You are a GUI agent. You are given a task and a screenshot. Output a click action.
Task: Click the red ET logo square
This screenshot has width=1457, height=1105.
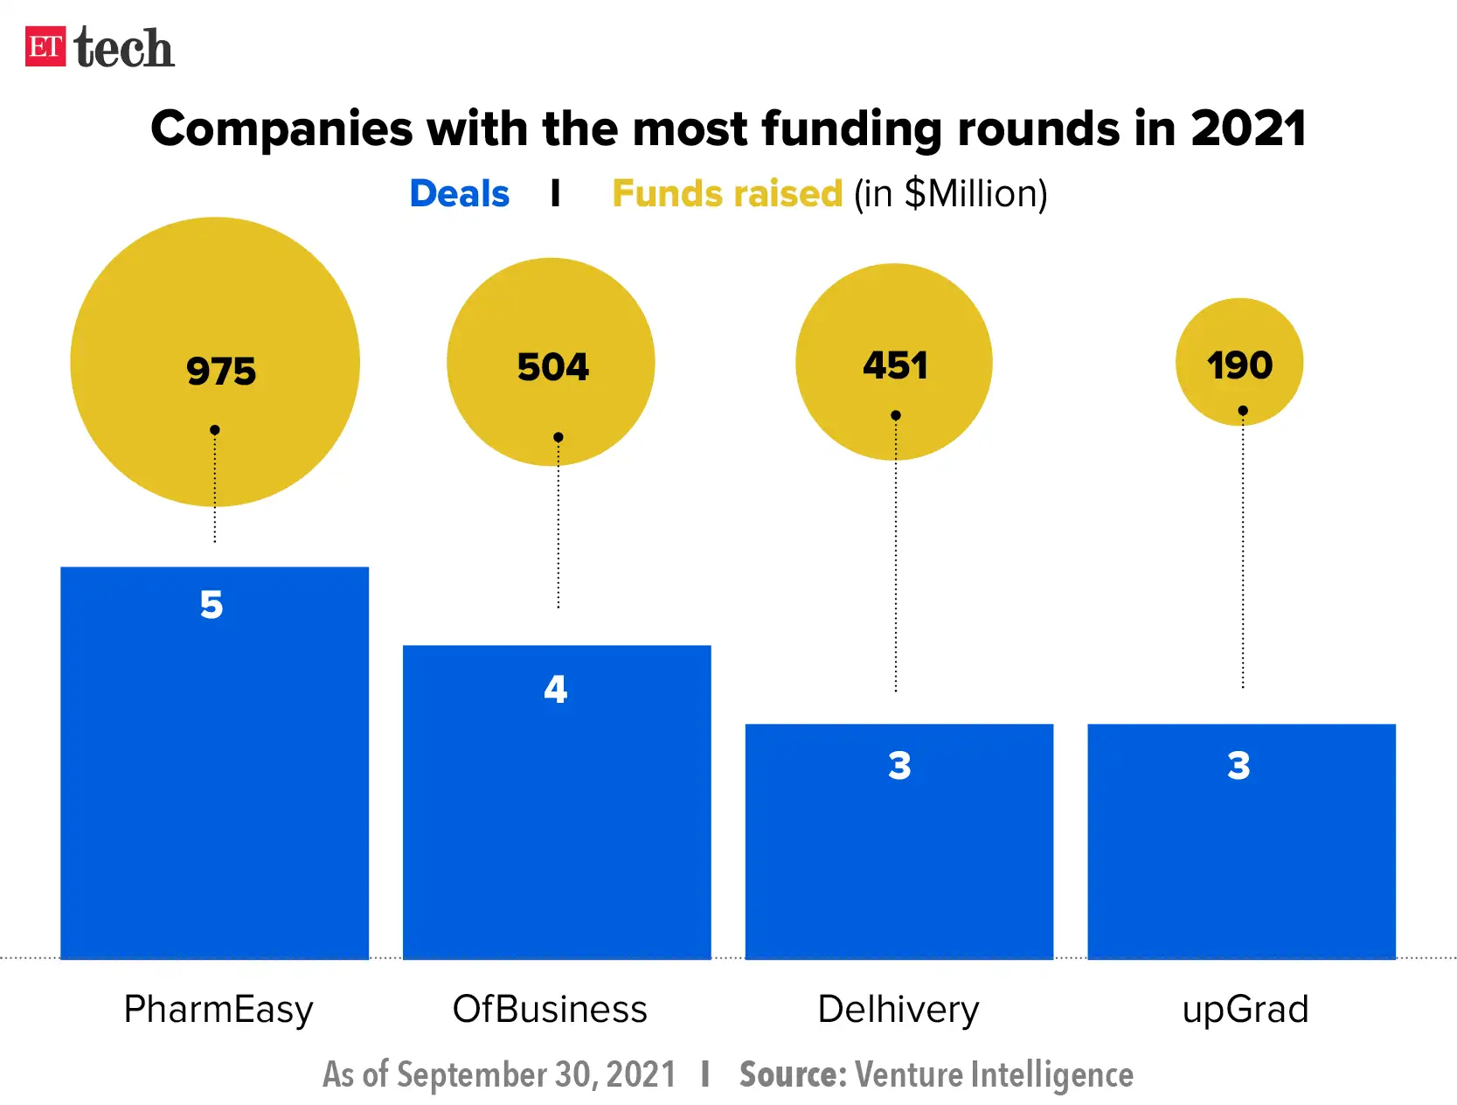pyautogui.click(x=45, y=46)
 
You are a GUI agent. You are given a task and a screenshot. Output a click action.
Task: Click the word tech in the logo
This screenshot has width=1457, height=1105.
pyautogui.click(x=124, y=48)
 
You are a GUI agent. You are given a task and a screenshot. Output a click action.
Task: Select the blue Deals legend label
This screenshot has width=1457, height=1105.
pyautogui.click(x=459, y=194)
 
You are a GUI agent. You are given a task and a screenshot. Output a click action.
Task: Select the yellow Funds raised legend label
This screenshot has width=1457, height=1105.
pyautogui.click(x=726, y=194)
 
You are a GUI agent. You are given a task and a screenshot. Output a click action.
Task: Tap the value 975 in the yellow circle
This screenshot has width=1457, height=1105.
pyautogui.click(x=221, y=372)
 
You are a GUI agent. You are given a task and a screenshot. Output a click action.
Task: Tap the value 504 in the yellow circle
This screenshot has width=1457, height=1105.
pyautogui.click(x=553, y=367)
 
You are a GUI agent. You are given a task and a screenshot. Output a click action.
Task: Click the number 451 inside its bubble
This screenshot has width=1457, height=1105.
pyautogui.click(x=895, y=365)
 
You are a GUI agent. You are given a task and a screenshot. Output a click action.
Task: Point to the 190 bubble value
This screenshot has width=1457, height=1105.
pyautogui.click(x=1239, y=365)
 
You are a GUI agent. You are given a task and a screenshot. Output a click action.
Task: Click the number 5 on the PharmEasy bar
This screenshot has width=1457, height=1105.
pyautogui.click(x=212, y=605)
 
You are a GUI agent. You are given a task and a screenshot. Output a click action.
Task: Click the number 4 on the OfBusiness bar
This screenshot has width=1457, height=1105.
pyautogui.click(x=555, y=690)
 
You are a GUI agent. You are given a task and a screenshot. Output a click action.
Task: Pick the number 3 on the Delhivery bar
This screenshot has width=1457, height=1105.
pyautogui.click(x=899, y=766)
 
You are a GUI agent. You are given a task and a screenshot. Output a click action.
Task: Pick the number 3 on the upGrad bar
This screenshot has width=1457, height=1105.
pyautogui.click(x=1238, y=766)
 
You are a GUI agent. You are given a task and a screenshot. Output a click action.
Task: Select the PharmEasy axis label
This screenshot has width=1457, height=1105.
pyautogui.click(x=219, y=1010)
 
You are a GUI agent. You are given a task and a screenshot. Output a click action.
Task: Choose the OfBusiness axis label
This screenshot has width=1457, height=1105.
pyautogui.click(x=550, y=1010)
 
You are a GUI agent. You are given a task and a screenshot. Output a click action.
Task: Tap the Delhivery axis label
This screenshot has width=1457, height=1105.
pyautogui.click(x=898, y=1010)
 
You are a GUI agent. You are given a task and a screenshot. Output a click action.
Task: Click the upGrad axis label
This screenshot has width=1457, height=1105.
pyautogui.click(x=1245, y=1010)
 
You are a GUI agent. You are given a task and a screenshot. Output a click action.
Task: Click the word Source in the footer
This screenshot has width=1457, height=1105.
pyautogui.click(x=791, y=1074)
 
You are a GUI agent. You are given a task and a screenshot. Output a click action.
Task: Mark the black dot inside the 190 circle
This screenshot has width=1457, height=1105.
pyautogui.click(x=1243, y=410)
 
